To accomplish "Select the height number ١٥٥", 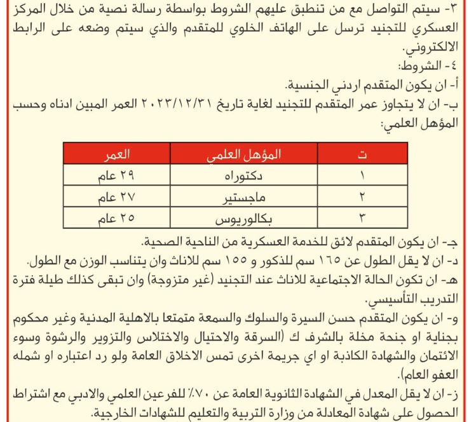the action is [x=245, y=261].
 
